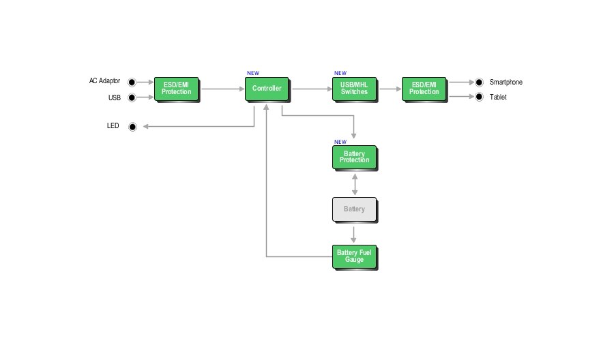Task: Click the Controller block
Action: pos(266,89)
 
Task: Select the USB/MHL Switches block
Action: pos(353,89)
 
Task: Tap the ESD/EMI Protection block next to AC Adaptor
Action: pos(176,89)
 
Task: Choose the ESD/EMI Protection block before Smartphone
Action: pos(424,89)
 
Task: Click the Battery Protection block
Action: pos(353,157)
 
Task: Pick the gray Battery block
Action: pos(353,209)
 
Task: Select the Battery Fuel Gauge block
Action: pos(353,256)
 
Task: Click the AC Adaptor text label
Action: pos(104,81)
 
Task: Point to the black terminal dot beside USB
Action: pos(132,97)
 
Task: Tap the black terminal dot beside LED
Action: pos(132,126)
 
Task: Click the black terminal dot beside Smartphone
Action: pos(479,82)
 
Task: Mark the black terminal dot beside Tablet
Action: pos(479,97)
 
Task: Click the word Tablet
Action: pos(498,97)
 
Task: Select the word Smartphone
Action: pos(506,82)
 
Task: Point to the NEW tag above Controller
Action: pos(252,73)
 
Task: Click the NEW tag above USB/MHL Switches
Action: pos(340,73)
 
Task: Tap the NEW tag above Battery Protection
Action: pos(340,142)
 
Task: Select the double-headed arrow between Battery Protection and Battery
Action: pos(354,184)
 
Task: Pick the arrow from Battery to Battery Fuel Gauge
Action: pos(354,234)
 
